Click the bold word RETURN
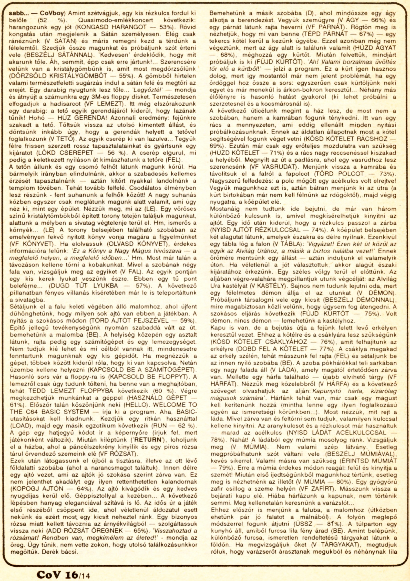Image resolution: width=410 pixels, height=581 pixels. (x=149, y=440)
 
